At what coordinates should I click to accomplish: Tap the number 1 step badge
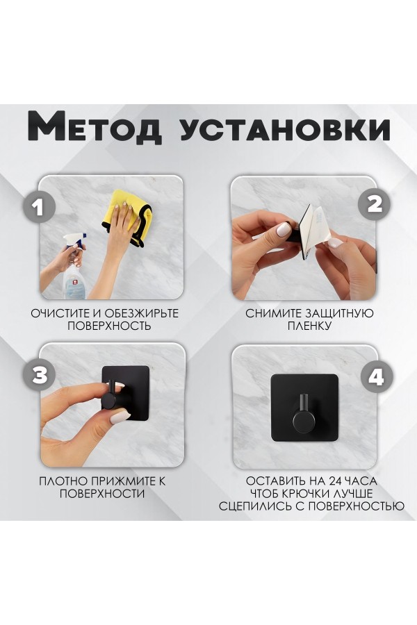pos(40,208)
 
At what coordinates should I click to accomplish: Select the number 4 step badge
pos(375,377)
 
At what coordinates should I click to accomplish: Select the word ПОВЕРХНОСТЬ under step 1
pos(108,326)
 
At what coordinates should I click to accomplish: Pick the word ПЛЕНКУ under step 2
pos(310,326)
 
